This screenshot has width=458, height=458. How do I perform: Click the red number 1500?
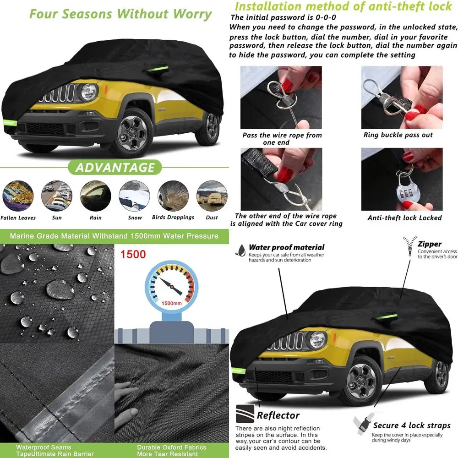coord(133,254)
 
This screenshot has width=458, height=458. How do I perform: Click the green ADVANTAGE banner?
coord(114,168)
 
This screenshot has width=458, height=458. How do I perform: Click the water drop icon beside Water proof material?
coord(240,249)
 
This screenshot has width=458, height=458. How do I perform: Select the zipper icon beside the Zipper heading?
coord(408,247)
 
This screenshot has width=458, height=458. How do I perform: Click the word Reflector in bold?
coord(278,415)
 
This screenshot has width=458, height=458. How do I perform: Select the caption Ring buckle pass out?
coord(398,135)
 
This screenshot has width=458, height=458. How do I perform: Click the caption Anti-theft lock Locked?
coord(404,218)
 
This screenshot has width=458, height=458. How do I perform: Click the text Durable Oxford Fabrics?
coord(171,447)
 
